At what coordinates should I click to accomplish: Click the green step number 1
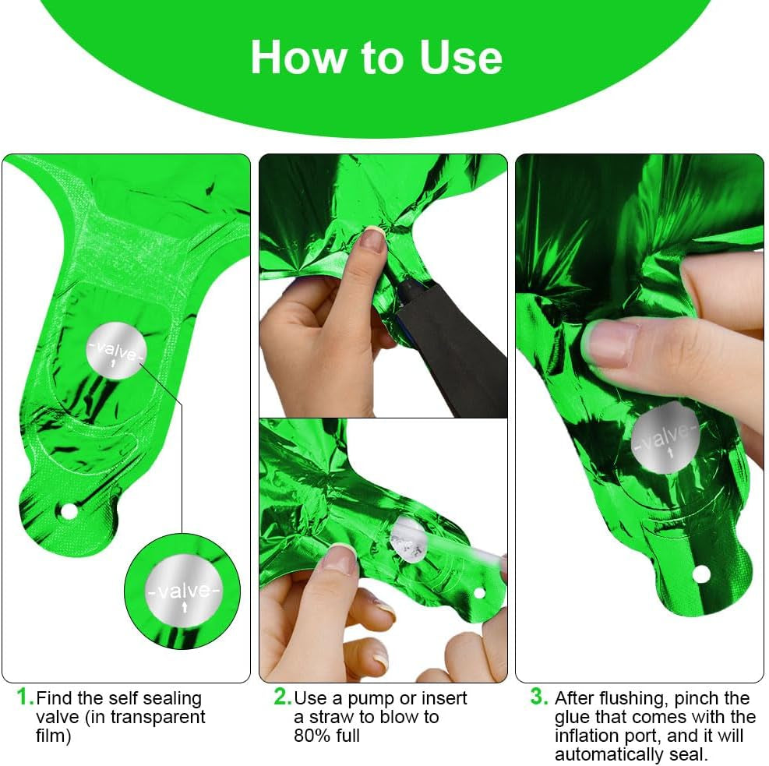click(x=25, y=696)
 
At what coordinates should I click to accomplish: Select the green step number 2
click(x=281, y=696)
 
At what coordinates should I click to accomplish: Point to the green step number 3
click(x=539, y=696)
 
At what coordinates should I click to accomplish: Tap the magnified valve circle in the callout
click(x=182, y=590)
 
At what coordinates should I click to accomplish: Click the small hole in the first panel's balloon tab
click(x=69, y=510)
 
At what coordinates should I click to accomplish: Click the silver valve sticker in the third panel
click(x=665, y=439)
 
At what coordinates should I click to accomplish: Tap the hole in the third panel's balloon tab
click(x=701, y=575)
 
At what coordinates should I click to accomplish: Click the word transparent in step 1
click(x=160, y=717)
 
